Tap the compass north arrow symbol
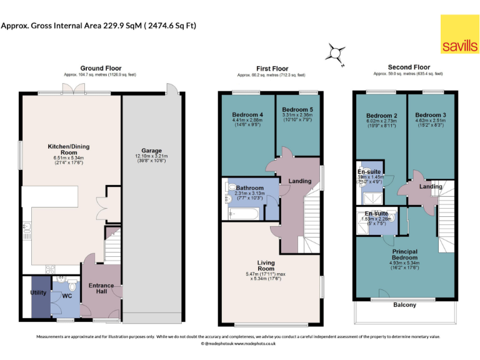[x=336, y=54]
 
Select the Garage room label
[x=152, y=151]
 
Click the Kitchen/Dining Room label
[x=69, y=149]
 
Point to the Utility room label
[x=38, y=292]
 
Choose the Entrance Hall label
[x=101, y=289]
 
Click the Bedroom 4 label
[x=247, y=114]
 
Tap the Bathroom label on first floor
[x=249, y=187]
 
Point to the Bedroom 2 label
[x=382, y=116]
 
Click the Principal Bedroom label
[x=404, y=254]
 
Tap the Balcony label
[x=406, y=304]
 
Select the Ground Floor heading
[x=101, y=68]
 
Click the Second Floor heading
[x=409, y=67]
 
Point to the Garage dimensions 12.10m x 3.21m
[x=152, y=157]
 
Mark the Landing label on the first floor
[x=300, y=181]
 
